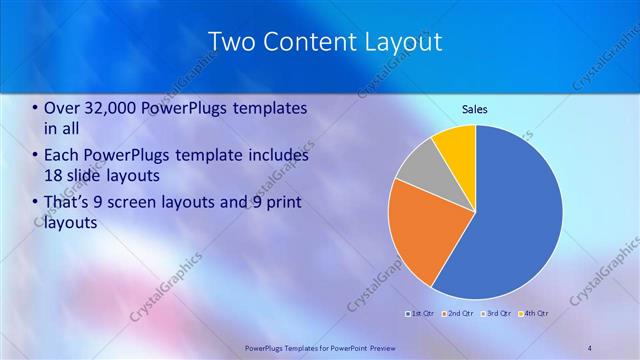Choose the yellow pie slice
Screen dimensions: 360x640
tap(456, 144)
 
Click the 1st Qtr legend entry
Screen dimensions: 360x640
tap(419, 313)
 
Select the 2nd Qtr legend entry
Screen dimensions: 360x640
tap(457, 313)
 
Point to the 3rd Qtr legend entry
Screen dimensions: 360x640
tap(495, 313)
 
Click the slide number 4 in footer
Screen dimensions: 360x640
tap(589, 347)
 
